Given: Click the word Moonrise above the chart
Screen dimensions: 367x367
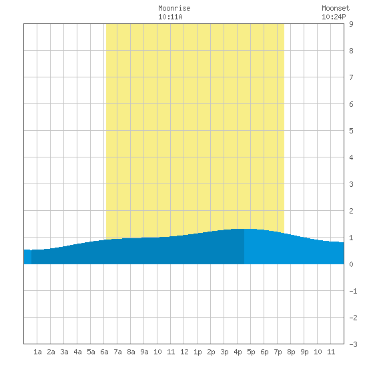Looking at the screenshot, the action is pos(174,8).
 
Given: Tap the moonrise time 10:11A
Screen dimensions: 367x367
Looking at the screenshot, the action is pos(170,17).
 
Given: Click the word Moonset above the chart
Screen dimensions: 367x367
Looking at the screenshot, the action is pos(336,8).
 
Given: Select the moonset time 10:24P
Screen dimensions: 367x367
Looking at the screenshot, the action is pos(334,17).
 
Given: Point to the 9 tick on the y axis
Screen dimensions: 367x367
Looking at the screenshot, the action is pos(351,24).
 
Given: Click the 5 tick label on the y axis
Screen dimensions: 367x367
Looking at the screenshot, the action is pos(351,131).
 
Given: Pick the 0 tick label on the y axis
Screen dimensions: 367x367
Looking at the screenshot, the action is pos(351,264).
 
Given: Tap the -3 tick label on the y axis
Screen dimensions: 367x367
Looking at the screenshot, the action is pos(353,344).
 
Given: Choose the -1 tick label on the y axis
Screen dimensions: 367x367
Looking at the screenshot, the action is pos(353,291).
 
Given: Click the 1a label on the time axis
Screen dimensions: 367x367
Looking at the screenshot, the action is pos(37,352).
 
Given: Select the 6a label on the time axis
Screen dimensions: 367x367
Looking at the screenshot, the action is pos(104,352).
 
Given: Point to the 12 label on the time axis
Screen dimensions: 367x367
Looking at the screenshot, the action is pos(184,352).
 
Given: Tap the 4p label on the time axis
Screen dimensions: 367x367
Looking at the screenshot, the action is pos(238,352).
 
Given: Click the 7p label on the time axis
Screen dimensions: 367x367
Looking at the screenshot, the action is pos(278,352).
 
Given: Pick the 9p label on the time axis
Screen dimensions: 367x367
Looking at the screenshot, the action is pos(304,352).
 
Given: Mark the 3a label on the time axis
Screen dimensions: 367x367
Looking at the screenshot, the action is pos(64,352).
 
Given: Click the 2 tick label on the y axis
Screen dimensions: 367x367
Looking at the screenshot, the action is pos(351,211).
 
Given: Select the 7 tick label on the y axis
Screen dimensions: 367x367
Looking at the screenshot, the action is pos(351,77).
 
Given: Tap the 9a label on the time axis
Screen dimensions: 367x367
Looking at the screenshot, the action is pos(144,352).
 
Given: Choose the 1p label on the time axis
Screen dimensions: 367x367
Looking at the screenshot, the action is pos(198,352).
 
